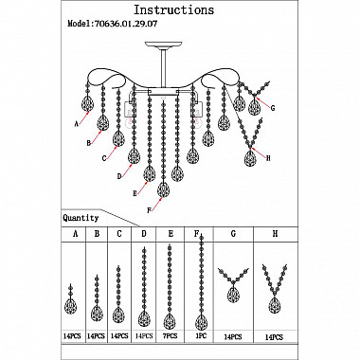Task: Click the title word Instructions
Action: pos(174,10)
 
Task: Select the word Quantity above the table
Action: pos(81,218)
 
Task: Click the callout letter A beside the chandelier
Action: pos(76,124)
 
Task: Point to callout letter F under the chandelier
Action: pos(150,210)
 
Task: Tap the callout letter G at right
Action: pos(273,108)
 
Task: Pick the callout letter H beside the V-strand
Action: pos(268,158)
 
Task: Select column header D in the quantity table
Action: pos(144,234)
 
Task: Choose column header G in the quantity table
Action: pos(233,234)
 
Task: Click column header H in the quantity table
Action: pos(275,234)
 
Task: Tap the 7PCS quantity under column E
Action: pos(171,336)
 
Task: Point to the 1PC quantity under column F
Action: pos(201,335)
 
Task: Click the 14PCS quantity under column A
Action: pos(72,336)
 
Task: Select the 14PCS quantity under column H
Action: pos(274,337)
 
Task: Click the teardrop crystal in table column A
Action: pos(70,306)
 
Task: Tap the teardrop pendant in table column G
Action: pos(233,295)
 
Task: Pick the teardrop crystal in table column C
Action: pos(118,315)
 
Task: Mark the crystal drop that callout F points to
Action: pos(163,189)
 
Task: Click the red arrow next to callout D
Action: pos(127,169)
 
